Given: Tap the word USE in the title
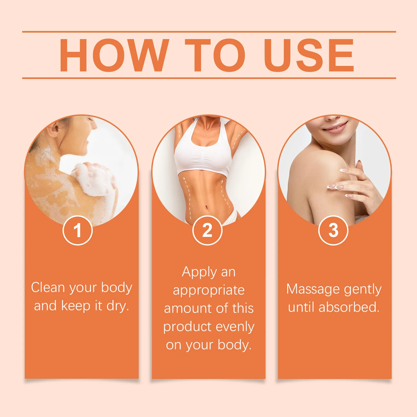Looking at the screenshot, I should click(x=309, y=55).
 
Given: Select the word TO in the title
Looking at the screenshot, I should click(x=215, y=55).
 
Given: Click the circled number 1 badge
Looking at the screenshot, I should click(x=78, y=230).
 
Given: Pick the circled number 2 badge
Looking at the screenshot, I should click(x=207, y=230).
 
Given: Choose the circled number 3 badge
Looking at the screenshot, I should click(x=333, y=230).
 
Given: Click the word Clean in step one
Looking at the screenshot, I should click(x=48, y=287).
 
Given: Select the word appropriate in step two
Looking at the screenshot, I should click(x=209, y=290).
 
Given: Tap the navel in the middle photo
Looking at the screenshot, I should click(x=207, y=208).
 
